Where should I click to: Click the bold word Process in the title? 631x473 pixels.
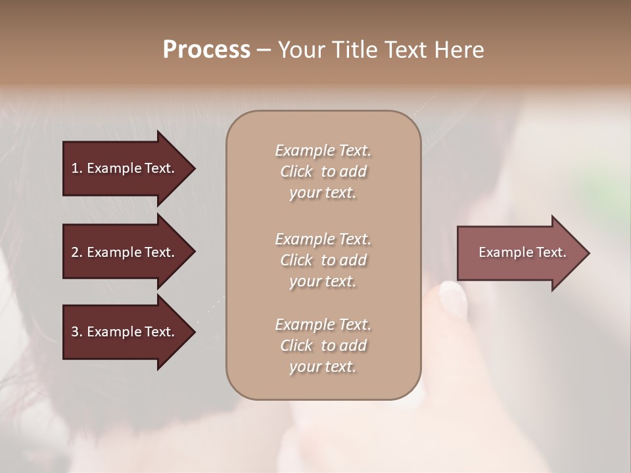tap(206, 50)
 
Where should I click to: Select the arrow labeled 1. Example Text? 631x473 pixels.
tap(125, 168)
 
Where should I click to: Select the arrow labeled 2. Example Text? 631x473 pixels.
tap(125, 252)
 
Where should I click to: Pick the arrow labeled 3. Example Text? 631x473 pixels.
tap(125, 332)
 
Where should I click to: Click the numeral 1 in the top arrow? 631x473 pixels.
tap(75, 168)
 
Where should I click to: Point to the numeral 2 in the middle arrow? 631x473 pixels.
tap(75, 252)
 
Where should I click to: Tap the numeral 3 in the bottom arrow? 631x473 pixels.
tap(75, 332)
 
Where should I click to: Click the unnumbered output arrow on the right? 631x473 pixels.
tap(519, 252)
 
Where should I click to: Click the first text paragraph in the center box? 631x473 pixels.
tap(323, 171)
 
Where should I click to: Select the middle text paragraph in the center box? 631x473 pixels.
tap(323, 259)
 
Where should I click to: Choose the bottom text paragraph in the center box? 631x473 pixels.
tap(323, 346)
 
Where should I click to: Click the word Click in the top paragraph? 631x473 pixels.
tap(296, 171)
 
